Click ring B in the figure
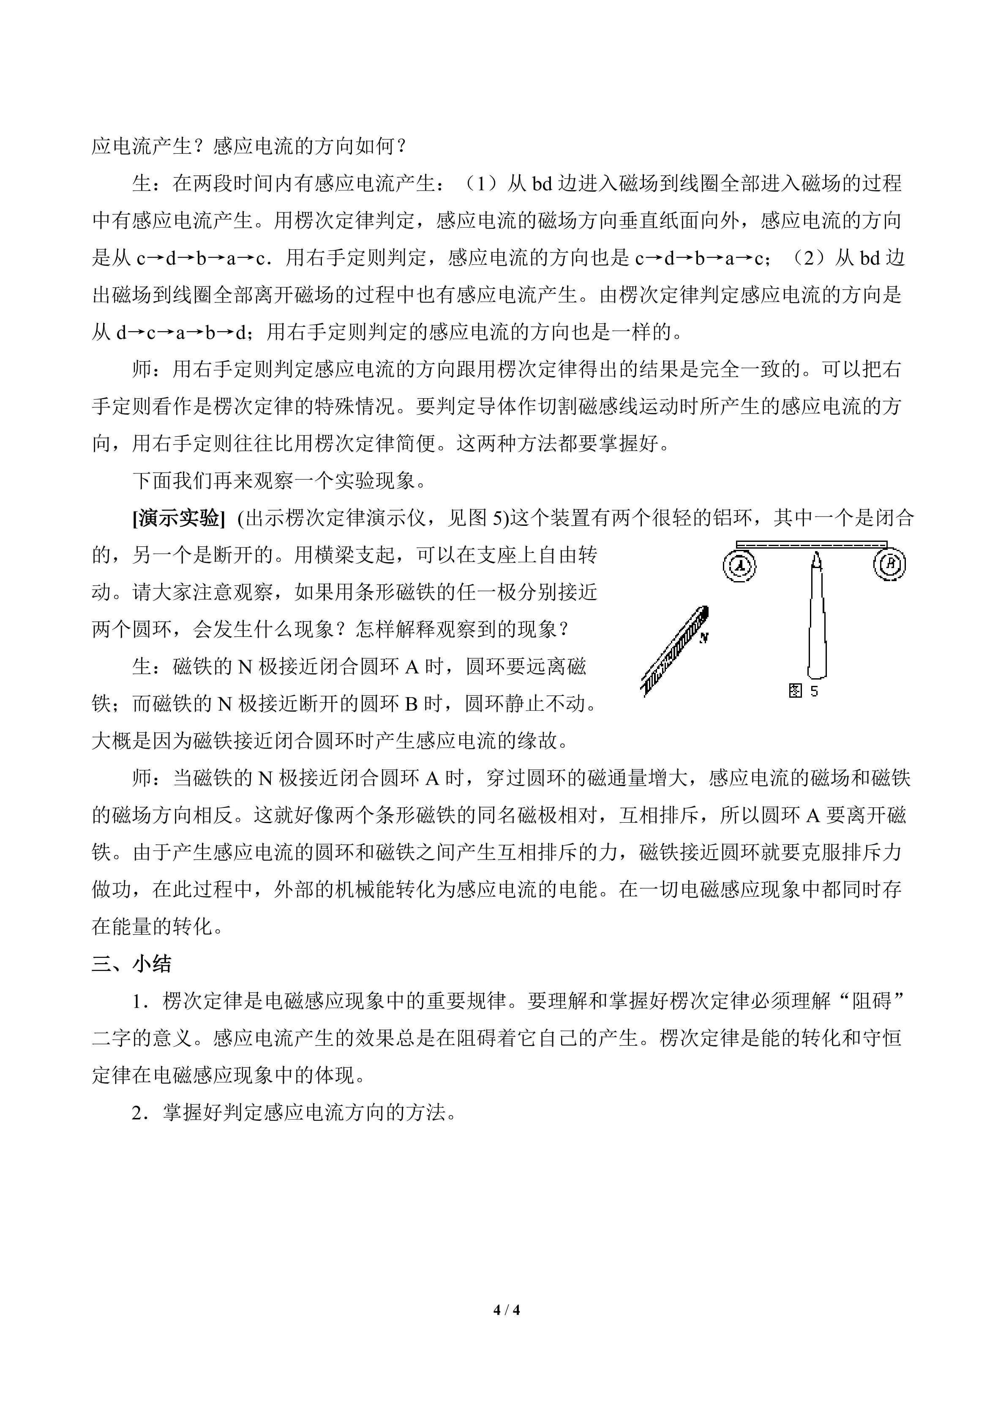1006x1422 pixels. (x=890, y=564)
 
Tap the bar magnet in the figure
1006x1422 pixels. (x=674, y=650)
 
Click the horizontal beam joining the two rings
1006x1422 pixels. (x=812, y=544)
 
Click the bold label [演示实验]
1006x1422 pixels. (x=178, y=518)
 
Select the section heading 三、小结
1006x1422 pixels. (x=132, y=964)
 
